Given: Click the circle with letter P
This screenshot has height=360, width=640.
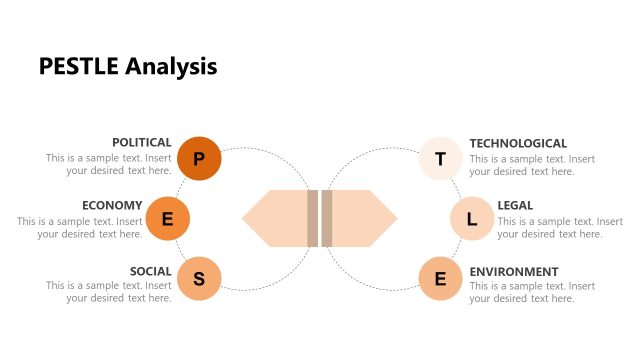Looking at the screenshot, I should point(199,158).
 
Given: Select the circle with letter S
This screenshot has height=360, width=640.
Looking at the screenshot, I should point(199,278).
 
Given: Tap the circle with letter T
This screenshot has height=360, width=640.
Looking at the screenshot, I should point(441,158).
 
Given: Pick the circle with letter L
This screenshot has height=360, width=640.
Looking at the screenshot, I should point(472,219).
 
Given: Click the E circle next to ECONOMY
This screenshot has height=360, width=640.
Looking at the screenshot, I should point(168,219).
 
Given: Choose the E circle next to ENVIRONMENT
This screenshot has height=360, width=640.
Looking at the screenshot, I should point(441,278).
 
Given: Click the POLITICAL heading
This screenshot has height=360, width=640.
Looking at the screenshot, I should point(141,143).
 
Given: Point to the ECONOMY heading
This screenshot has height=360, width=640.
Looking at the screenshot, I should point(112,205).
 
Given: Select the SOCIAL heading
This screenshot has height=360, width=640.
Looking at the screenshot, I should point(150,271).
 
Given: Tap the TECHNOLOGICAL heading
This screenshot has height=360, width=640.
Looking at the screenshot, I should point(518,143).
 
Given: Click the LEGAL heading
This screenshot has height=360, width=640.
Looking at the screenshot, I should point(515,205).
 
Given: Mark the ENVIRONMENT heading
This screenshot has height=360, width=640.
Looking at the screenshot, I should point(514,271).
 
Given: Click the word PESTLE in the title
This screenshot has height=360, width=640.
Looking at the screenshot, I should point(79,67).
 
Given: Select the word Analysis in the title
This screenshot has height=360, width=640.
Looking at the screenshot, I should point(171,67).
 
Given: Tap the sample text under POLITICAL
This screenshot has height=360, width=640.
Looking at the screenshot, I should point(109,165).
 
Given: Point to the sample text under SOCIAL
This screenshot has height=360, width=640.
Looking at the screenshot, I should point(109,292).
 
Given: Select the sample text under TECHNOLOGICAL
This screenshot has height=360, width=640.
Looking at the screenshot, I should point(532,165).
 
